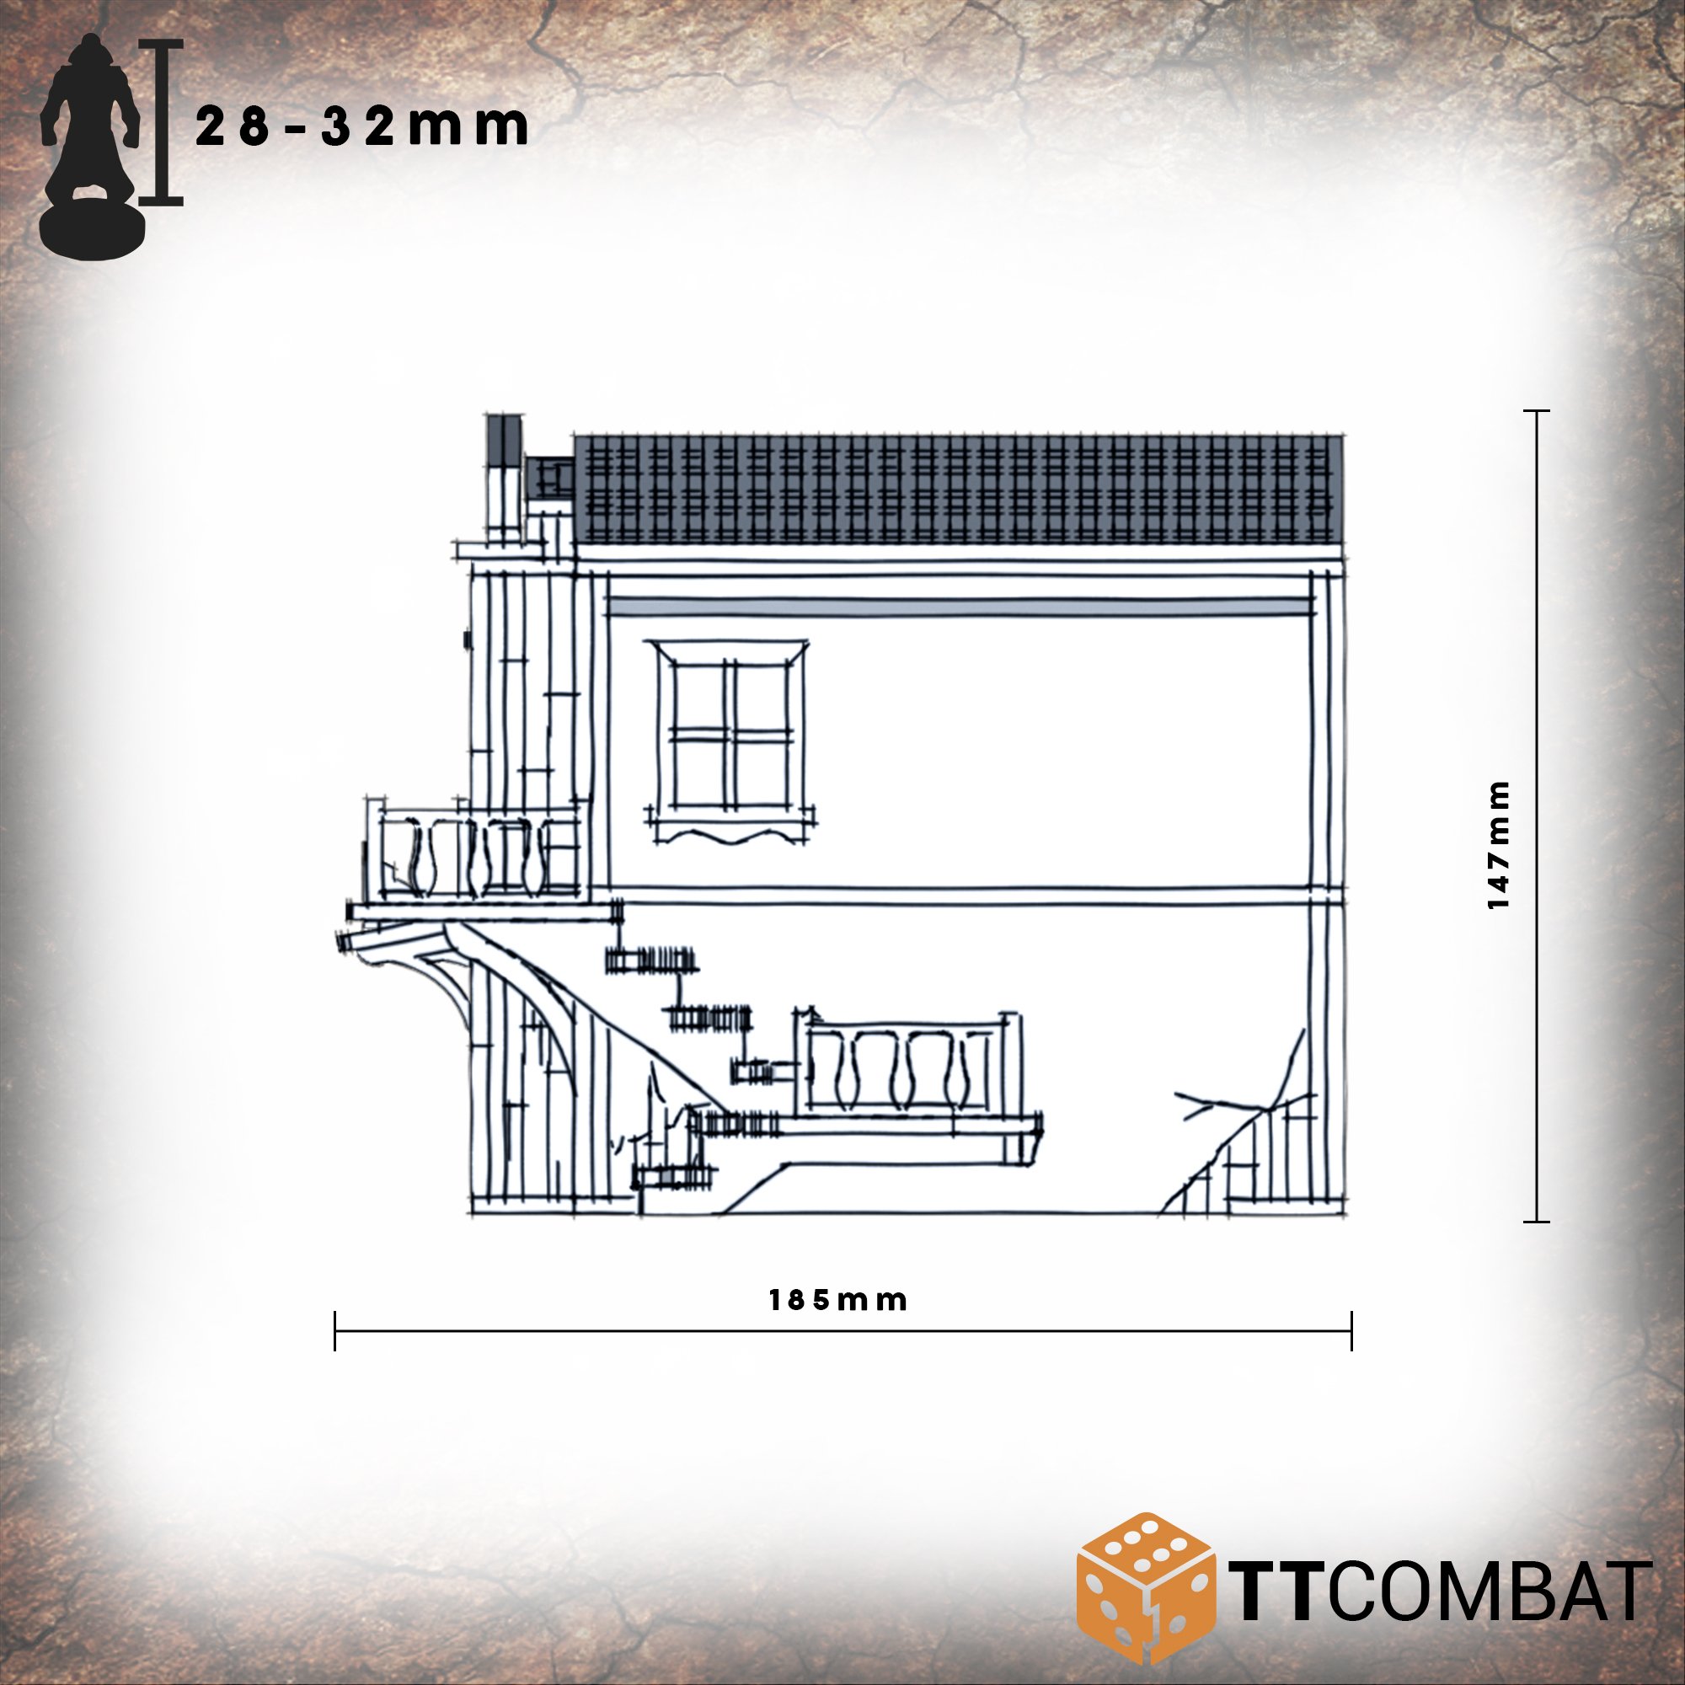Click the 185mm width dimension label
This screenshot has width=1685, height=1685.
click(x=837, y=1300)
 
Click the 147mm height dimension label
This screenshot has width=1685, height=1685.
click(x=1497, y=845)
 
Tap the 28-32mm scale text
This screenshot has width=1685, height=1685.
click(x=362, y=127)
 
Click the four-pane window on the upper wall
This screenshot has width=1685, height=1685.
click(x=730, y=734)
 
